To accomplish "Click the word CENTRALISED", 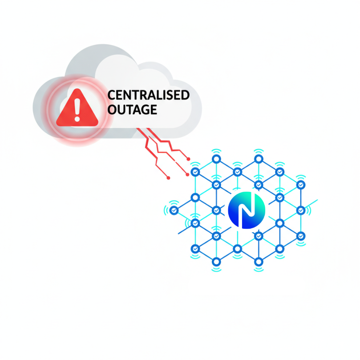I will [149, 95].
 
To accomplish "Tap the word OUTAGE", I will [133, 109].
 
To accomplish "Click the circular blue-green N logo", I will [246, 210].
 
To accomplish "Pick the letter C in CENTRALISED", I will [112, 95].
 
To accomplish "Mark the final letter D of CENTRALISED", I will [185, 95].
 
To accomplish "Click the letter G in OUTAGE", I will [143, 109].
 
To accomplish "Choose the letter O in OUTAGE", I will [113, 109].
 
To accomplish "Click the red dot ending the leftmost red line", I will [168, 178].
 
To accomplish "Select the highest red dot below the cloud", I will [188, 159].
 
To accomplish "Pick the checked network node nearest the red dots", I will [195, 171].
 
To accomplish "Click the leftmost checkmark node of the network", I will [174, 210].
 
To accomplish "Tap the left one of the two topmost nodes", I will [216, 159].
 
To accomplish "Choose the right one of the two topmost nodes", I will [259, 159].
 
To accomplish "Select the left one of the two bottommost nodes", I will [216, 261].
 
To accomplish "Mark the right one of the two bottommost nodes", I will [259, 261].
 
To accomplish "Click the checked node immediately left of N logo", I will [216, 210].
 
